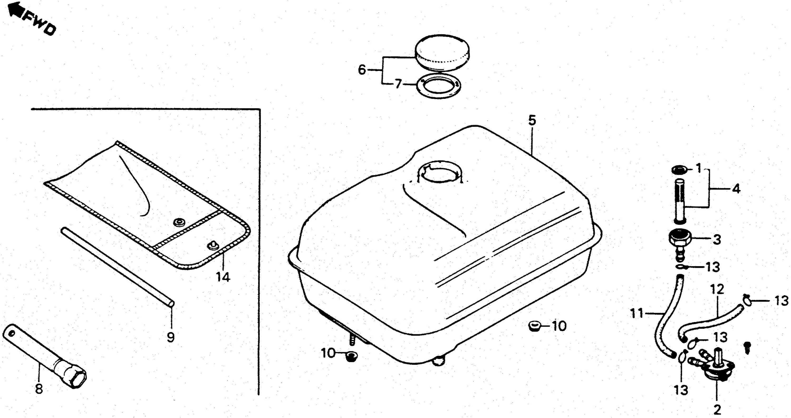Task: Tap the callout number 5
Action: click(x=532, y=120)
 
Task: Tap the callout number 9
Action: click(x=171, y=337)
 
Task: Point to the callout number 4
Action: click(x=736, y=188)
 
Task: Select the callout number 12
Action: click(x=717, y=289)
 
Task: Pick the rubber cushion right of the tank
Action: click(x=535, y=325)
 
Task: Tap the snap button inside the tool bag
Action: click(x=179, y=222)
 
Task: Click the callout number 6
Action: click(x=362, y=70)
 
